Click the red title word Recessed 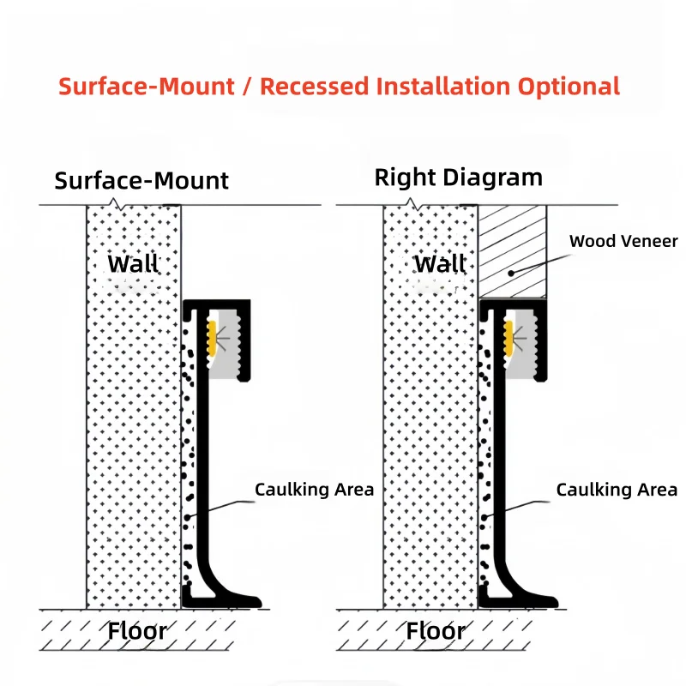[x=314, y=87]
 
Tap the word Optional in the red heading [x=569, y=87]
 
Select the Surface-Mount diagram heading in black [x=141, y=180]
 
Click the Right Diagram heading [x=459, y=178]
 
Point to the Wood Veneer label [x=623, y=241]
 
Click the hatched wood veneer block [x=512, y=251]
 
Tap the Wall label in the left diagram [x=133, y=264]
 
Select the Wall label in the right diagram [x=440, y=264]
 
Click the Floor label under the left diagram [x=137, y=631]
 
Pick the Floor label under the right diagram [x=436, y=631]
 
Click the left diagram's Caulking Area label [x=314, y=490]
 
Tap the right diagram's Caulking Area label [x=617, y=490]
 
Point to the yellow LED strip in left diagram [x=212, y=338]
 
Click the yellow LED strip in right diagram [x=508, y=338]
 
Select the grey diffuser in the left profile [x=227, y=344]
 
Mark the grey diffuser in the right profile [x=524, y=344]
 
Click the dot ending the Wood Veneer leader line [x=511, y=274]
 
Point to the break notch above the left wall [x=116, y=204]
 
